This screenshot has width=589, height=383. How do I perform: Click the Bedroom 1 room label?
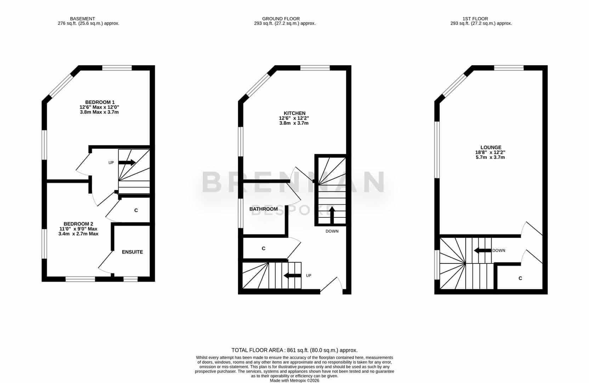100,102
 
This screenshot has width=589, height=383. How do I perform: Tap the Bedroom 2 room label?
78,224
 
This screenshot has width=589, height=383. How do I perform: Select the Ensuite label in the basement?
132,252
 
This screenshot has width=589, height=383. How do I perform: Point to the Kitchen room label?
294,113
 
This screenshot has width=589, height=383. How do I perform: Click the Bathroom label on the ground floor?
264,209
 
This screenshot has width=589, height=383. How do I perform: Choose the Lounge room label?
491,148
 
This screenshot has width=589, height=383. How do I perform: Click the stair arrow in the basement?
127,162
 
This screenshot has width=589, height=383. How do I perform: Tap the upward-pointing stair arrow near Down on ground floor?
332,215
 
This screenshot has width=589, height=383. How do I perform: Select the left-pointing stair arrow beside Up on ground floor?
293,276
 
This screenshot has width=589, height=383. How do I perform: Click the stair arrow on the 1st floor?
482,251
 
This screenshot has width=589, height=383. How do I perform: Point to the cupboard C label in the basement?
136,210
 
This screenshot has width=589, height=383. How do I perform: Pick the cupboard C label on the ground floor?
264,249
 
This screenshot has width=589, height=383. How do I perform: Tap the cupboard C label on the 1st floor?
520,278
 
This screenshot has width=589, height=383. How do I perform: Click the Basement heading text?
82,19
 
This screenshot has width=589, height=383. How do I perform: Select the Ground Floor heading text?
281,19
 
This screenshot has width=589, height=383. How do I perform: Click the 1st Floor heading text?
475,19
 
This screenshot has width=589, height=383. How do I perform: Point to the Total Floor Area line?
294,350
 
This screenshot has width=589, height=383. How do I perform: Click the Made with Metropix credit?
294,381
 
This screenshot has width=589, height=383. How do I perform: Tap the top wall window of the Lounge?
509,68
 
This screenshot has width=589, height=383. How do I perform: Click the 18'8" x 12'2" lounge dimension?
490,152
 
